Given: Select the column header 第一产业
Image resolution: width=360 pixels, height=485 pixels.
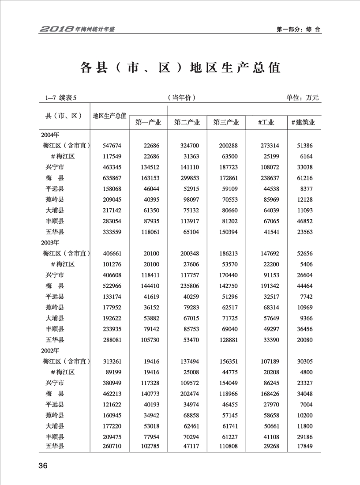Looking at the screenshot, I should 148,123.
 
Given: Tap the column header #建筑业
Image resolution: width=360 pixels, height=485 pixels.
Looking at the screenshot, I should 303,123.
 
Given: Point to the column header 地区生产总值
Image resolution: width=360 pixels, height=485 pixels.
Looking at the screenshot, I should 109,116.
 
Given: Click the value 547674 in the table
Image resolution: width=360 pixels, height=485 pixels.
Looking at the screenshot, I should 105,145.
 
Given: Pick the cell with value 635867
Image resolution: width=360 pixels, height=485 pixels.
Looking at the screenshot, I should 105,178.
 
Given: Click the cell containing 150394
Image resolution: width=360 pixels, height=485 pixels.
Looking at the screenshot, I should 226,232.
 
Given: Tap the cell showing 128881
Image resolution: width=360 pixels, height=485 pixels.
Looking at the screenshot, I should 226,340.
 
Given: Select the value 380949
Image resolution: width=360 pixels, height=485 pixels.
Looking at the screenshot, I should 105,383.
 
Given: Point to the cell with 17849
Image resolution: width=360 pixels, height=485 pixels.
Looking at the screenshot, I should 304,447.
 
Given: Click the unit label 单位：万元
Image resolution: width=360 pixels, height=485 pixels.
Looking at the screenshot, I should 302,98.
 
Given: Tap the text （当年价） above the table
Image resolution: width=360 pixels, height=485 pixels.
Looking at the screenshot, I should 181,98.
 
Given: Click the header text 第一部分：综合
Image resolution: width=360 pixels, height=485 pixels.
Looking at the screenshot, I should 298,30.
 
